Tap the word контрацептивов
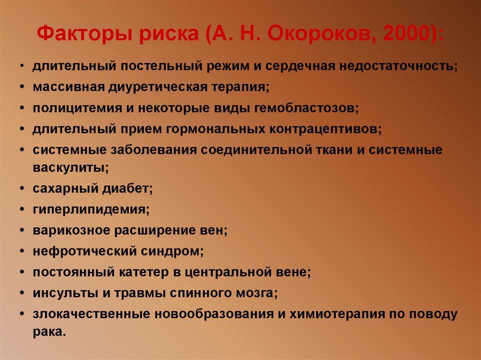326,129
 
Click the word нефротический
84,251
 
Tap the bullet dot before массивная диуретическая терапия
23,87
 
